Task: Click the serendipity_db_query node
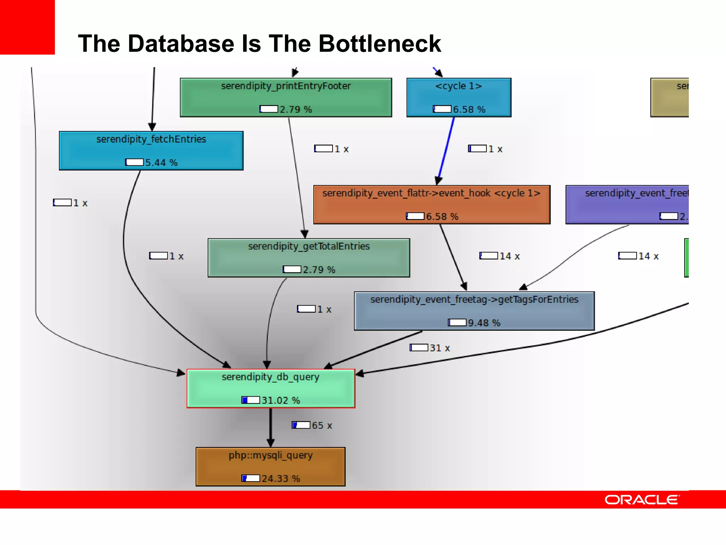point(271,388)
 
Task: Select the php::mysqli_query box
point(270,466)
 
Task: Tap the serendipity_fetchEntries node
point(151,150)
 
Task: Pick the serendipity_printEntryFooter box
point(286,97)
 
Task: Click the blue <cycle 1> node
point(459,97)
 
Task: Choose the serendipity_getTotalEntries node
point(309,258)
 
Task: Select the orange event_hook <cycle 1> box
point(432,204)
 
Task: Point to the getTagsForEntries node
point(474,311)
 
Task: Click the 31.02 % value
point(281,400)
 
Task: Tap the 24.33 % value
point(281,479)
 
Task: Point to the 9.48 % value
point(484,323)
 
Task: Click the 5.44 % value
point(161,163)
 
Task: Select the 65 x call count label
point(322,425)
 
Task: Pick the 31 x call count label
point(440,348)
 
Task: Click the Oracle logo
point(642,500)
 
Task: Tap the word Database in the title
point(181,44)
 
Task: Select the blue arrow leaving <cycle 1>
point(446,149)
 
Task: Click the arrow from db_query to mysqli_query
point(270,427)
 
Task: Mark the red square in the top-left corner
point(27,27)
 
